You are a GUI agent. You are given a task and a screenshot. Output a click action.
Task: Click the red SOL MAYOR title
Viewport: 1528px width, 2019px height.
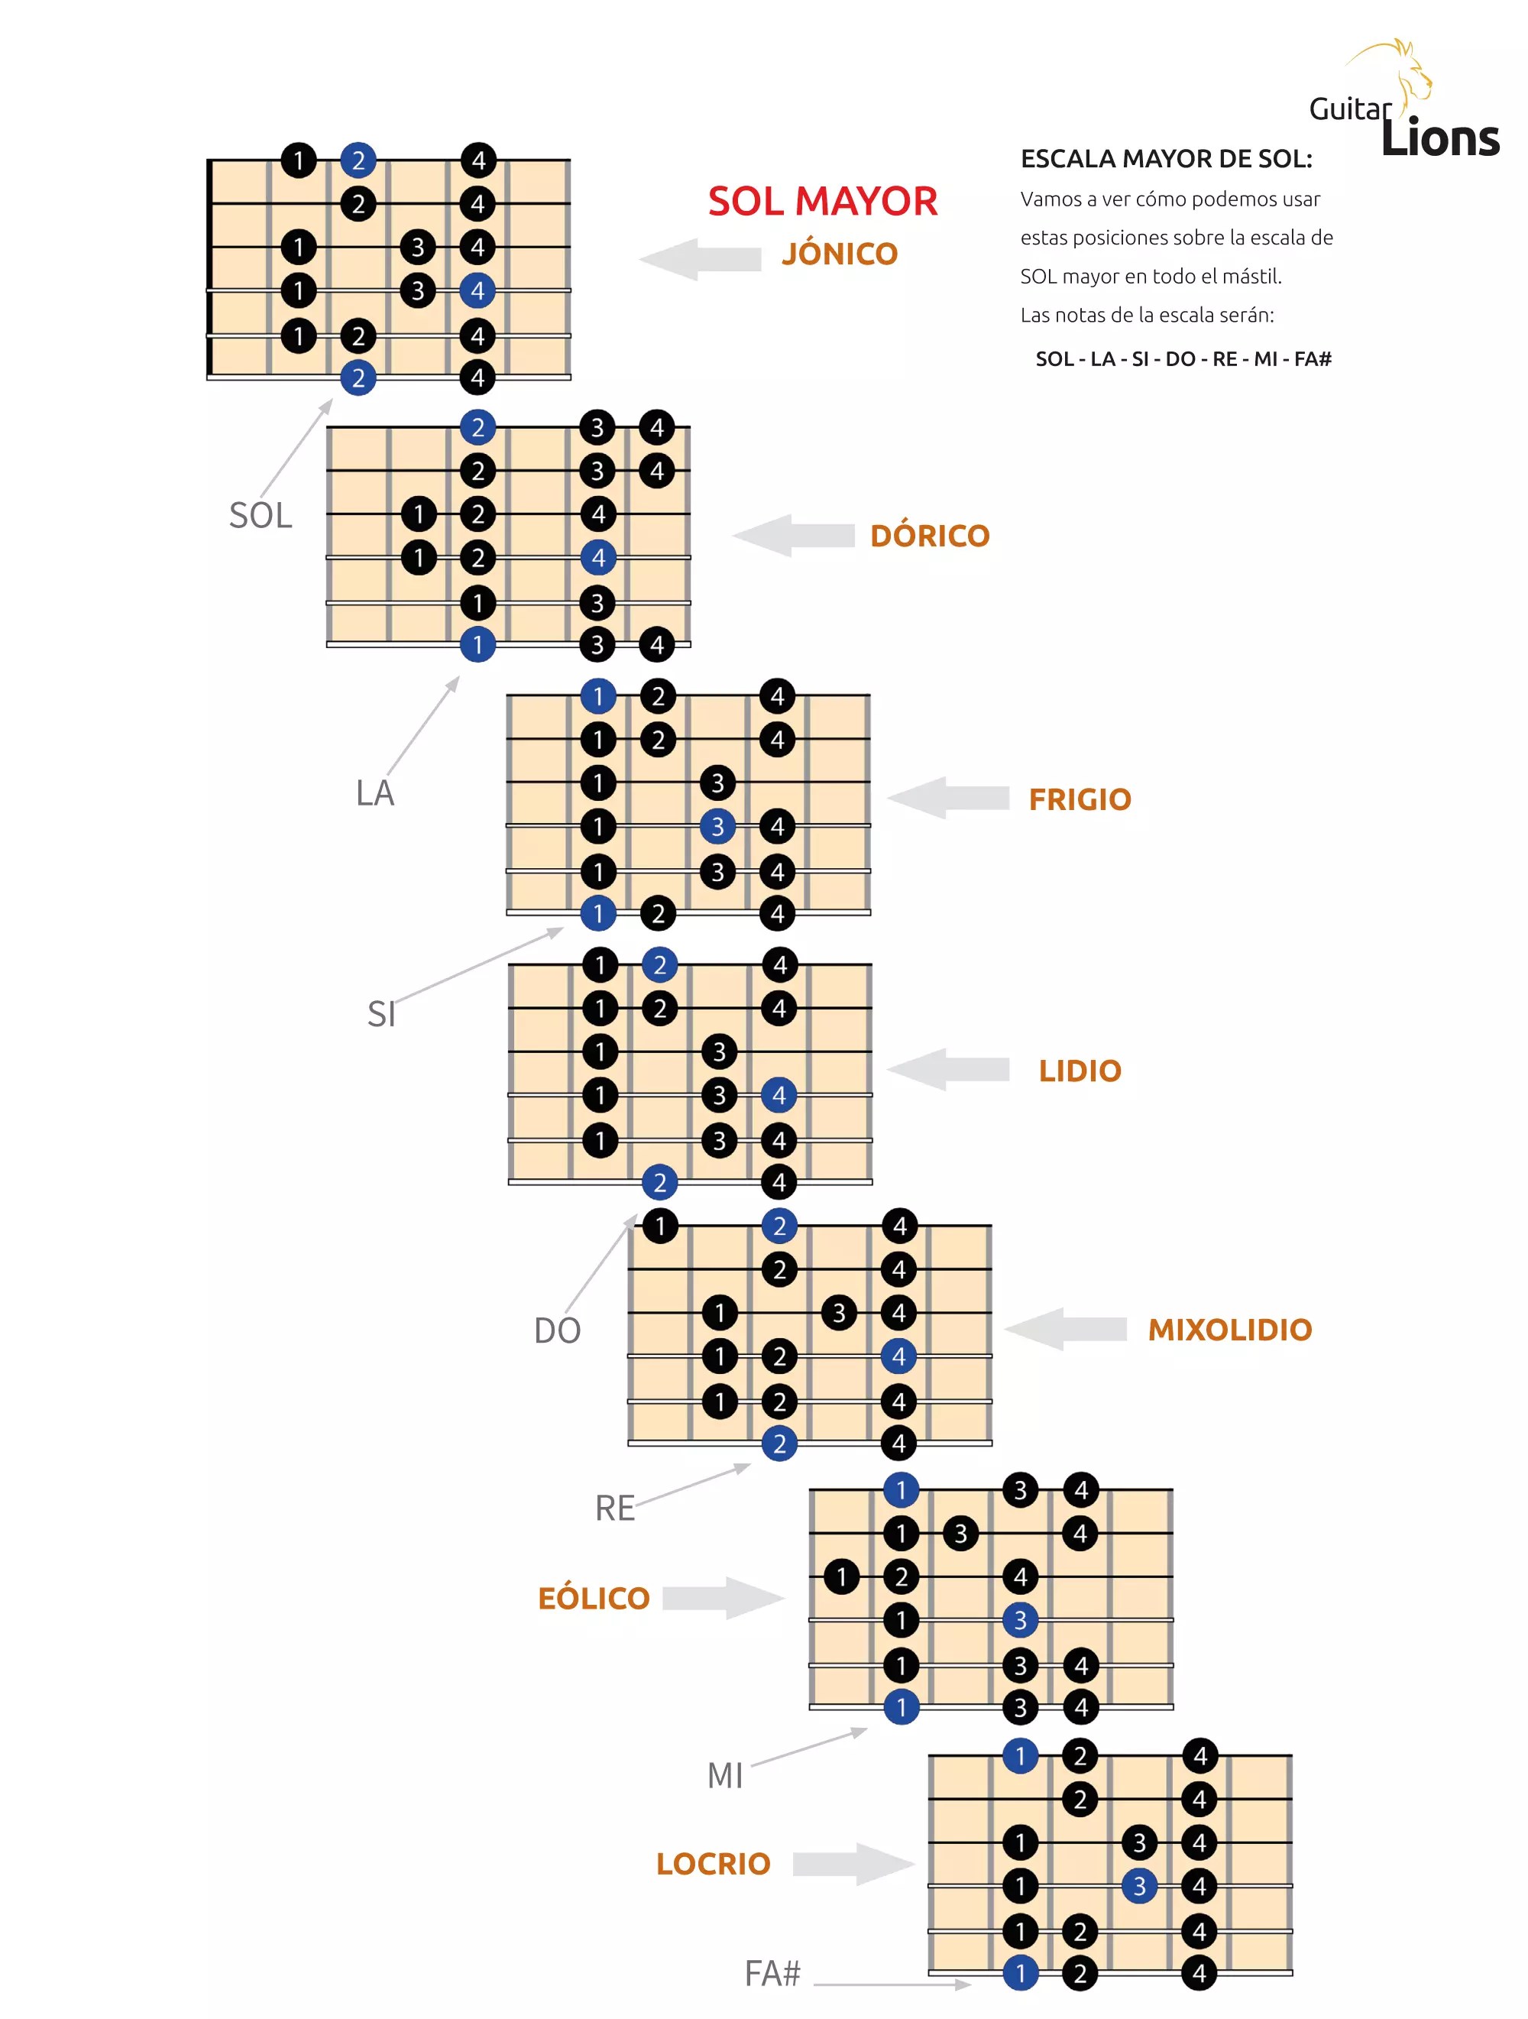tap(821, 202)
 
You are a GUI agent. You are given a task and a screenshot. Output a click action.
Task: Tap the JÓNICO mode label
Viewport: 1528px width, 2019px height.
tap(839, 254)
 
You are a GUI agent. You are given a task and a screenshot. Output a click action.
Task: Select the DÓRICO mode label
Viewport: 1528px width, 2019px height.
tap(929, 536)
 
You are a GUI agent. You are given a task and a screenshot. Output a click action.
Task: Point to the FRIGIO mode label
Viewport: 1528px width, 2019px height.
tap(1079, 799)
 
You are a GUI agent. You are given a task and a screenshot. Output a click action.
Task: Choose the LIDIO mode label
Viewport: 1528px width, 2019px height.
tap(1079, 1071)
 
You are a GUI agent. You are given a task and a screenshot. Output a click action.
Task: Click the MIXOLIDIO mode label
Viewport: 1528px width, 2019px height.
tap(1229, 1330)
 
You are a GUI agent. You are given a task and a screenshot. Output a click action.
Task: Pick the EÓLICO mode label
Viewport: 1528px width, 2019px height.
tap(594, 1598)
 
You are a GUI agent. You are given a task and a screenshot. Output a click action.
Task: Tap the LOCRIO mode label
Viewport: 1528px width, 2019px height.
tap(713, 1864)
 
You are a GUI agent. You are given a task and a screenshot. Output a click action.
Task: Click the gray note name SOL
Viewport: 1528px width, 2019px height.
tap(261, 516)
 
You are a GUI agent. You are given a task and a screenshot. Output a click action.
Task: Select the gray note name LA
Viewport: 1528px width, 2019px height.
tap(374, 793)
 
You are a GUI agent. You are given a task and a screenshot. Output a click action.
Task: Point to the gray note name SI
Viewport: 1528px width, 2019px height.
tap(380, 1014)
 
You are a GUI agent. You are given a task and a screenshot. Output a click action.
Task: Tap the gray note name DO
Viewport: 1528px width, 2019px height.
tap(557, 1330)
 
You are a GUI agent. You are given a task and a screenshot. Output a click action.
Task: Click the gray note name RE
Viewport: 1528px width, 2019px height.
tap(614, 1508)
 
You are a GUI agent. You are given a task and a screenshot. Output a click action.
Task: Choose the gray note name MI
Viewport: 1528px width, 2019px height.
tap(725, 1775)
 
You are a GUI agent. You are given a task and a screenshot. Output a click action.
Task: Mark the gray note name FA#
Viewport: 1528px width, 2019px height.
tap(772, 1973)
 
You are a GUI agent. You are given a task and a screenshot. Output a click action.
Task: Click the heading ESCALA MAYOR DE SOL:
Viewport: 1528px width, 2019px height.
tap(1166, 159)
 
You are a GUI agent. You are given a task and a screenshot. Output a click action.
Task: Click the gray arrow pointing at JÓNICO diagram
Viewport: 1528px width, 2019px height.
tap(700, 259)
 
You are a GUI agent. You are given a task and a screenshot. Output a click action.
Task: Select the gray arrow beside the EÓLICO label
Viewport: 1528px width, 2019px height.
tap(723, 1598)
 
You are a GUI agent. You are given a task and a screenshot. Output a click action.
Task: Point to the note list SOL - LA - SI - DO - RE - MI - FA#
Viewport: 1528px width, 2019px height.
tap(1182, 358)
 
